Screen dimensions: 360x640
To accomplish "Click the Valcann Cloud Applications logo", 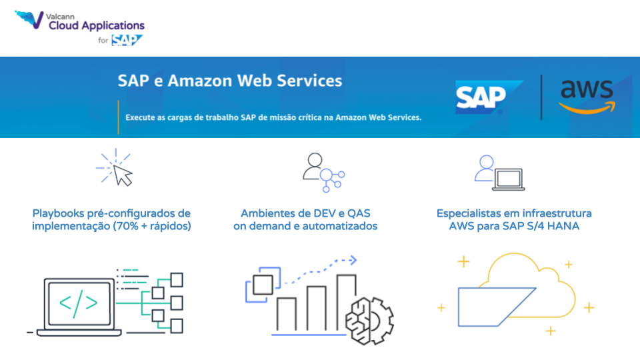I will (x=79, y=27).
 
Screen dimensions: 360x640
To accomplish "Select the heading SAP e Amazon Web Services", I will (x=230, y=81).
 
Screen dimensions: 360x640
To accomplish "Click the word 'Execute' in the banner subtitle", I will (x=141, y=117).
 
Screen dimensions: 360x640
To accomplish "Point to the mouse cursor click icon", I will (x=115, y=168).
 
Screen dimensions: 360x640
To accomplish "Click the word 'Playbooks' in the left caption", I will (x=58, y=214).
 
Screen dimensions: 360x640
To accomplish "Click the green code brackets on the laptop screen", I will (x=78, y=303).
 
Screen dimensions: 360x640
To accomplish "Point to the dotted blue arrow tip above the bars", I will (x=353, y=260).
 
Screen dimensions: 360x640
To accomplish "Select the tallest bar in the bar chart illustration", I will (x=346, y=303).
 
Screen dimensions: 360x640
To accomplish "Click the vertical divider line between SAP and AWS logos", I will (x=541, y=97).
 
